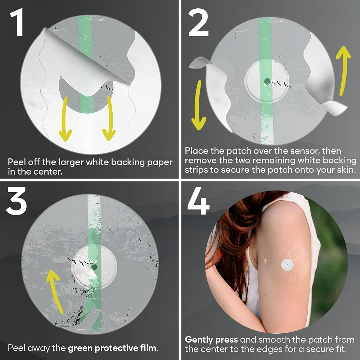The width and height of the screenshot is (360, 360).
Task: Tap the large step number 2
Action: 198,22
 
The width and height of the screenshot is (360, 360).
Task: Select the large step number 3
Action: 16,201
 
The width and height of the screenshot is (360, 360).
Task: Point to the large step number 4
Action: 198,201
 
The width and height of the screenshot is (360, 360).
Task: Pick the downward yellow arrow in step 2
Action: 198,105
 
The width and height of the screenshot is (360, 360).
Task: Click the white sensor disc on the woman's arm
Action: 287,265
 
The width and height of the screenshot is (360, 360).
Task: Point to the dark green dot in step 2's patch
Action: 267,81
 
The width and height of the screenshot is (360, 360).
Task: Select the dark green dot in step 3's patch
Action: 94,267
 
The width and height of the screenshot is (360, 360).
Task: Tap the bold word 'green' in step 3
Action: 80,348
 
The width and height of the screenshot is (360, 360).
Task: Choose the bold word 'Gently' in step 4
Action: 199,340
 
